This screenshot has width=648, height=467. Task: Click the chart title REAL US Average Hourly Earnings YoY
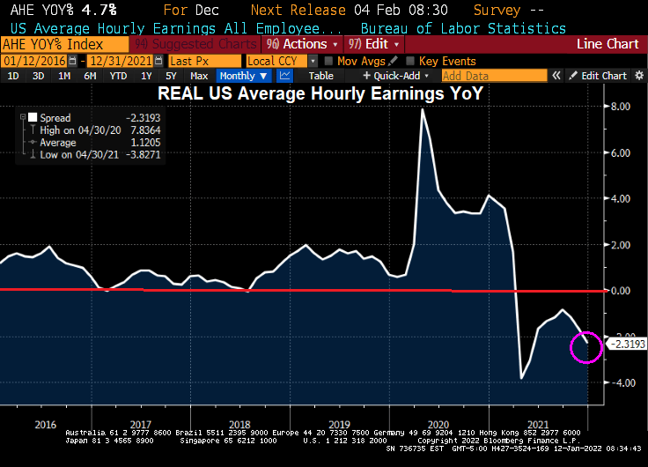tap(320, 93)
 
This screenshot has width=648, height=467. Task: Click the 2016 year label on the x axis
tap(45, 424)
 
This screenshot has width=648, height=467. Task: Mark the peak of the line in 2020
tap(423, 109)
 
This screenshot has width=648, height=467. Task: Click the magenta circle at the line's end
tap(586, 346)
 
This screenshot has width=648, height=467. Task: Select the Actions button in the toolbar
tap(298, 44)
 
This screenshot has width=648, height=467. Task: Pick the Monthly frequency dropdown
tap(243, 76)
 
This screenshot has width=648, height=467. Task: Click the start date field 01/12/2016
tap(40, 61)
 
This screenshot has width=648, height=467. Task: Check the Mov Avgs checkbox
tap(328, 61)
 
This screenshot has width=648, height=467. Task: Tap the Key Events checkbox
tap(410, 61)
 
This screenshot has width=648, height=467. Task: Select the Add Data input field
tap(482, 76)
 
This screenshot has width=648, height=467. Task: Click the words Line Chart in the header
tap(607, 44)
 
